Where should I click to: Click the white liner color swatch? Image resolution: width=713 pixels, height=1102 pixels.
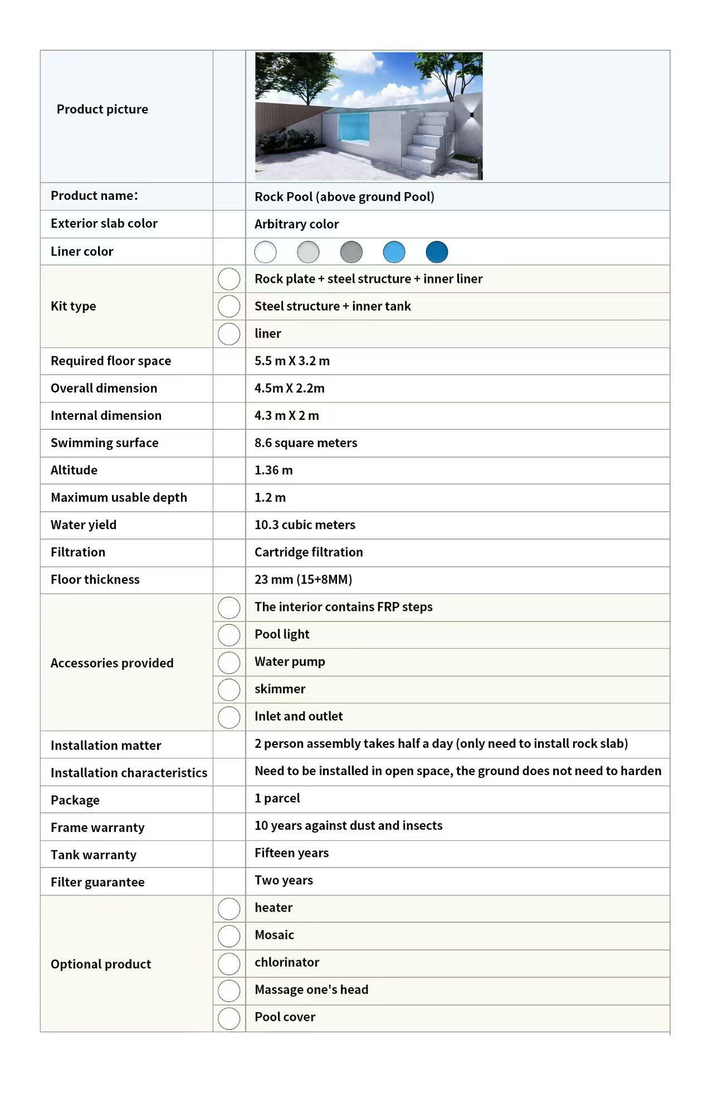coord(265,252)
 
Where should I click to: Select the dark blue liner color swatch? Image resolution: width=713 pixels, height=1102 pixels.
coord(437,252)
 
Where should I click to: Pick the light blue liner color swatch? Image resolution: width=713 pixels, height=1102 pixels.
coord(394,252)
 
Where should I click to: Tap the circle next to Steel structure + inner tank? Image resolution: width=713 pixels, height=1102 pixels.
coord(229,306)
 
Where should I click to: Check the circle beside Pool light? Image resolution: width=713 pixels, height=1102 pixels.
coord(229,635)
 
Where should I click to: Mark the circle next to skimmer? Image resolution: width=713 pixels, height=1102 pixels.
coord(229,689)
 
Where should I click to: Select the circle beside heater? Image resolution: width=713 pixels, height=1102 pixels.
coord(229,908)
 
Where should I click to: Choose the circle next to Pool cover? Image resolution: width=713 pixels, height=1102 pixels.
coord(229,1018)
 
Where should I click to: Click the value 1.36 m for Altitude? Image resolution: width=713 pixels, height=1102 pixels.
coord(274,470)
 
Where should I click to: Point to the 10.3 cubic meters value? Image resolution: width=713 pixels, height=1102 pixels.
coord(305,525)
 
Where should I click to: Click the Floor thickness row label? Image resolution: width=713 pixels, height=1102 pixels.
coord(95,580)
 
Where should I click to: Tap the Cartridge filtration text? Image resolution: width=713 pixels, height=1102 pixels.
coord(309,552)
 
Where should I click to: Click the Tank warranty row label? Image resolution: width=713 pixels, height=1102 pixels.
coord(94,855)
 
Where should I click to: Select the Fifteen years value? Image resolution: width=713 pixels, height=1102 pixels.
coord(291,853)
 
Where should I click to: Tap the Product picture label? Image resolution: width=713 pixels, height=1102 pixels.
coord(102,109)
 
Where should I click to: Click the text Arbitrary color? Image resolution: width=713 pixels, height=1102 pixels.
coord(296,224)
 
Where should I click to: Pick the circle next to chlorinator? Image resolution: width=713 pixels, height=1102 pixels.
coord(229,963)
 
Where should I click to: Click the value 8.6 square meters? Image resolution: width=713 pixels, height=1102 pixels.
coord(306,443)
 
